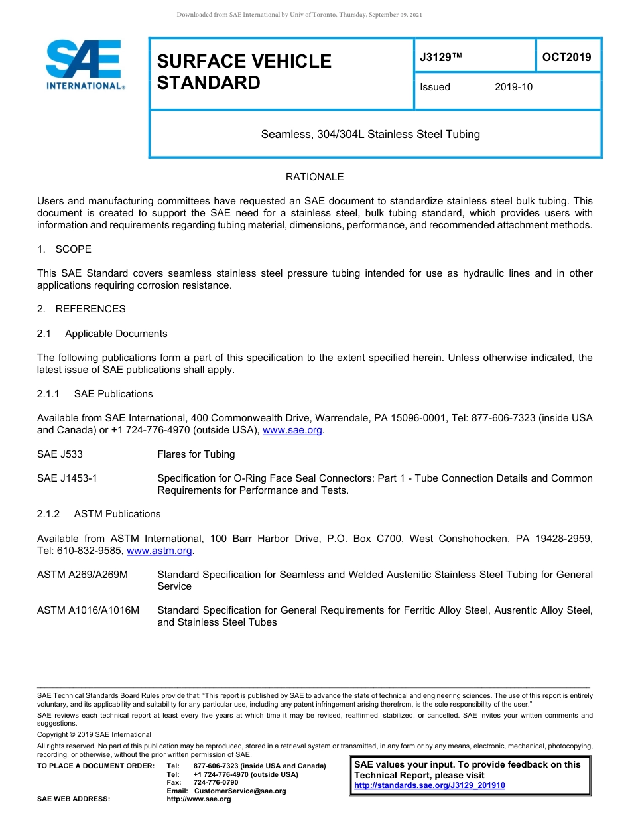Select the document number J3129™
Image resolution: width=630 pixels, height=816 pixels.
(x=441, y=58)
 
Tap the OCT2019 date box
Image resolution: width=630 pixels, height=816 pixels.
(x=566, y=57)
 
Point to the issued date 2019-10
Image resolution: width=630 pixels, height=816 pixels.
(x=513, y=87)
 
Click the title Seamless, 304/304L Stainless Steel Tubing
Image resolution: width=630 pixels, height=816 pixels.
(x=370, y=134)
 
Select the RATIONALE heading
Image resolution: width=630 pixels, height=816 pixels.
(x=314, y=177)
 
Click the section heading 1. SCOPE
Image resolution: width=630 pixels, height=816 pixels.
(x=64, y=249)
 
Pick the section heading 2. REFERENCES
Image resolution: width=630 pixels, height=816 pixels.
(x=81, y=309)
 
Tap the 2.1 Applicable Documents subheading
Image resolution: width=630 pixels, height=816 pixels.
(x=102, y=334)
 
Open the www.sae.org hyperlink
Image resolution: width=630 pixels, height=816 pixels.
(x=292, y=431)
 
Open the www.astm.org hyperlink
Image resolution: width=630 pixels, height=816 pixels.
(x=159, y=551)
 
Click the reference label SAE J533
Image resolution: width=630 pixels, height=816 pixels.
(x=60, y=454)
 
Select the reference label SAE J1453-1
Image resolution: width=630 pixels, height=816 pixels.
(x=67, y=478)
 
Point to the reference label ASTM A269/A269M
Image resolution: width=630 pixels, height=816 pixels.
(x=82, y=575)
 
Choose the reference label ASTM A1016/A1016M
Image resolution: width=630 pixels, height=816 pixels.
(x=88, y=610)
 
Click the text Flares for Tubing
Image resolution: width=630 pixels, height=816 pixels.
(x=196, y=454)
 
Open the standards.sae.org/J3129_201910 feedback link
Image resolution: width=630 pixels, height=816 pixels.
(x=430, y=785)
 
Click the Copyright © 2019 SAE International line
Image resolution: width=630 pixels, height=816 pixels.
(x=94, y=734)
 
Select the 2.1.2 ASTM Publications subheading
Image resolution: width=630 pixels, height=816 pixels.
(x=99, y=514)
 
